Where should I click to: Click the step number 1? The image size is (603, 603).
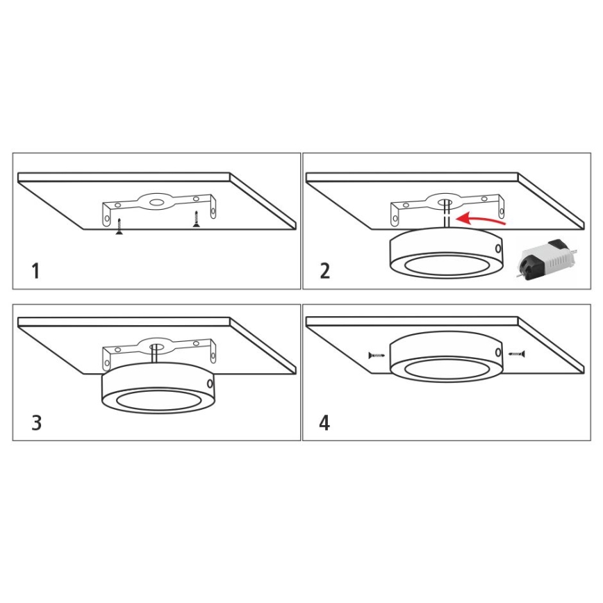click(x=35, y=271)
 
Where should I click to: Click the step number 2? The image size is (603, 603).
click(x=325, y=271)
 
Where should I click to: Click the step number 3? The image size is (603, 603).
click(x=37, y=422)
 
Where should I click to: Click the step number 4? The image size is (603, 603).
click(x=324, y=422)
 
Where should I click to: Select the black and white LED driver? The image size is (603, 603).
click(x=547, y=260)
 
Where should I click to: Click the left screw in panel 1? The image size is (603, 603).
click(x=119, y=226)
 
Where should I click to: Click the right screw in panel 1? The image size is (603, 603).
click(x=197, y=219)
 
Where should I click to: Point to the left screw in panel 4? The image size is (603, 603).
click(x=377, y=356)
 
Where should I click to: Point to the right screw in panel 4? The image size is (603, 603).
click(x=517, y=354)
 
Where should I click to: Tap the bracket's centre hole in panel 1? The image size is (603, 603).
click(x=156, y=201)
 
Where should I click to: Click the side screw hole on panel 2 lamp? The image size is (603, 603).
click(x=498, y=249)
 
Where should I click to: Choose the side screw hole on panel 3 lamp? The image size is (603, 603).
click(x=210, y=383)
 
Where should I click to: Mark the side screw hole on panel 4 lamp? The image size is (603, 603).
click(x=498, y=352)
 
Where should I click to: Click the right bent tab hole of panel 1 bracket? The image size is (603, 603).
click(x=213, y=212)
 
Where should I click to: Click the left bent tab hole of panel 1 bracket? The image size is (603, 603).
click(x=107, y=220)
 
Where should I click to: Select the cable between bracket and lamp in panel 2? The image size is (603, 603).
click(x=446, y=215)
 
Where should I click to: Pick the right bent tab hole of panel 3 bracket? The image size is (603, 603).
click(x=213, y=356)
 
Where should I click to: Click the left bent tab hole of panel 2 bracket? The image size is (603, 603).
click(x=395, y=220)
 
